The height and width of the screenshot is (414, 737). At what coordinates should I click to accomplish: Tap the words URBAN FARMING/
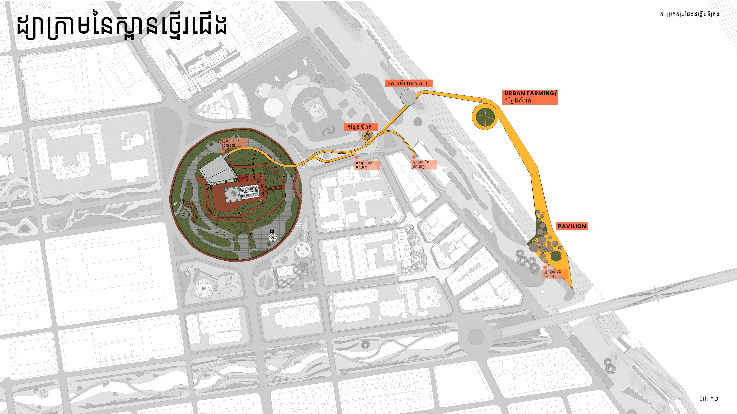point(530,93)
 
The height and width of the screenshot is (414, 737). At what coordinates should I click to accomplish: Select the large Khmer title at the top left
point(122,27)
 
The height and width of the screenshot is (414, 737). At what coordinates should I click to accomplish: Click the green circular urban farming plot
point(485,117)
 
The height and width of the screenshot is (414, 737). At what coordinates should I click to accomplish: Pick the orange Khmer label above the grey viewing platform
point(408,83)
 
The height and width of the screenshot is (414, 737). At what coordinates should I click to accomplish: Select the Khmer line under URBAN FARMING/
point(518,101)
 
